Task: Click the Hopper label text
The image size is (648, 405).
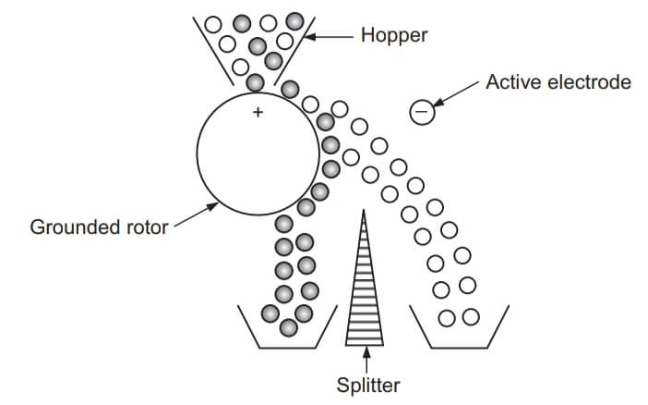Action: (x=394, y=36)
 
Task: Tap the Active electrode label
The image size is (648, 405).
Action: (x=558, y=83)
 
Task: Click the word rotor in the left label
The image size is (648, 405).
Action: (x=147, y=227)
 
